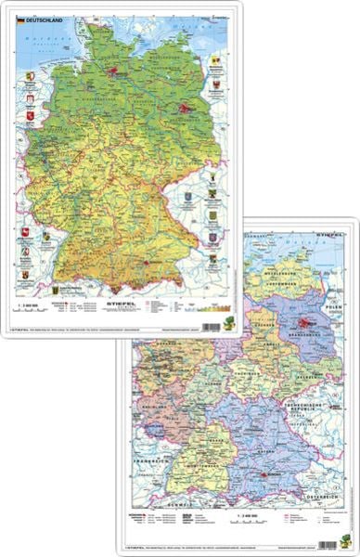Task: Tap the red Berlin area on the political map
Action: (304, 324)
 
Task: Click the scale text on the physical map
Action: (32, 303)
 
